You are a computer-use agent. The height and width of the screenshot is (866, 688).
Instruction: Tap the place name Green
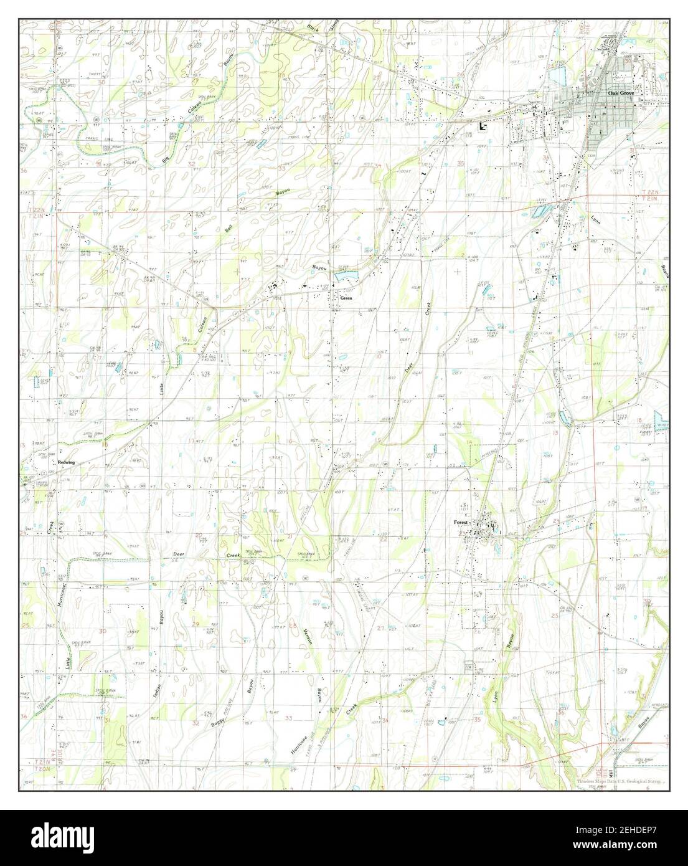(346, 298)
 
